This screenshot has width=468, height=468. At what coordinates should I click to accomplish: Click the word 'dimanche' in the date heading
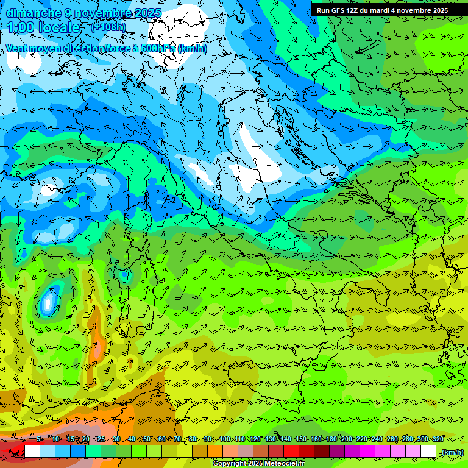(30, 13)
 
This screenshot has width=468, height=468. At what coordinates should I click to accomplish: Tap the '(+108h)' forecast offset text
(108, 27)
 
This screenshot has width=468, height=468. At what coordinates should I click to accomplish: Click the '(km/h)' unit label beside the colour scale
(452, 452)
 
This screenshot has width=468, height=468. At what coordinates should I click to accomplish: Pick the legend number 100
(225, 439)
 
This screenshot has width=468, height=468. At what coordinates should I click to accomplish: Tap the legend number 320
(438, 439)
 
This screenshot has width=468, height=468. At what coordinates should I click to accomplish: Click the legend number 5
(39, 439)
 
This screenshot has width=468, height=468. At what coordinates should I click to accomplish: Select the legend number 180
(331, 439)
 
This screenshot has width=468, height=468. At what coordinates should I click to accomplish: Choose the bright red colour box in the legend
(291, 452)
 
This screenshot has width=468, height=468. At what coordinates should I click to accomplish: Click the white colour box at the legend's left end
(32, 452)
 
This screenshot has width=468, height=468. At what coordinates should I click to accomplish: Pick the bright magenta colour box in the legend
(367, 452)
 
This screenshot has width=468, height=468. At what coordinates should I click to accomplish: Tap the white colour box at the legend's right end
(428, 452)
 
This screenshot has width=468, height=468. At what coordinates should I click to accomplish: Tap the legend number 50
(146, 439)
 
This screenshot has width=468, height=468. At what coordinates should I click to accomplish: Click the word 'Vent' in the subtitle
(18, 48)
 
